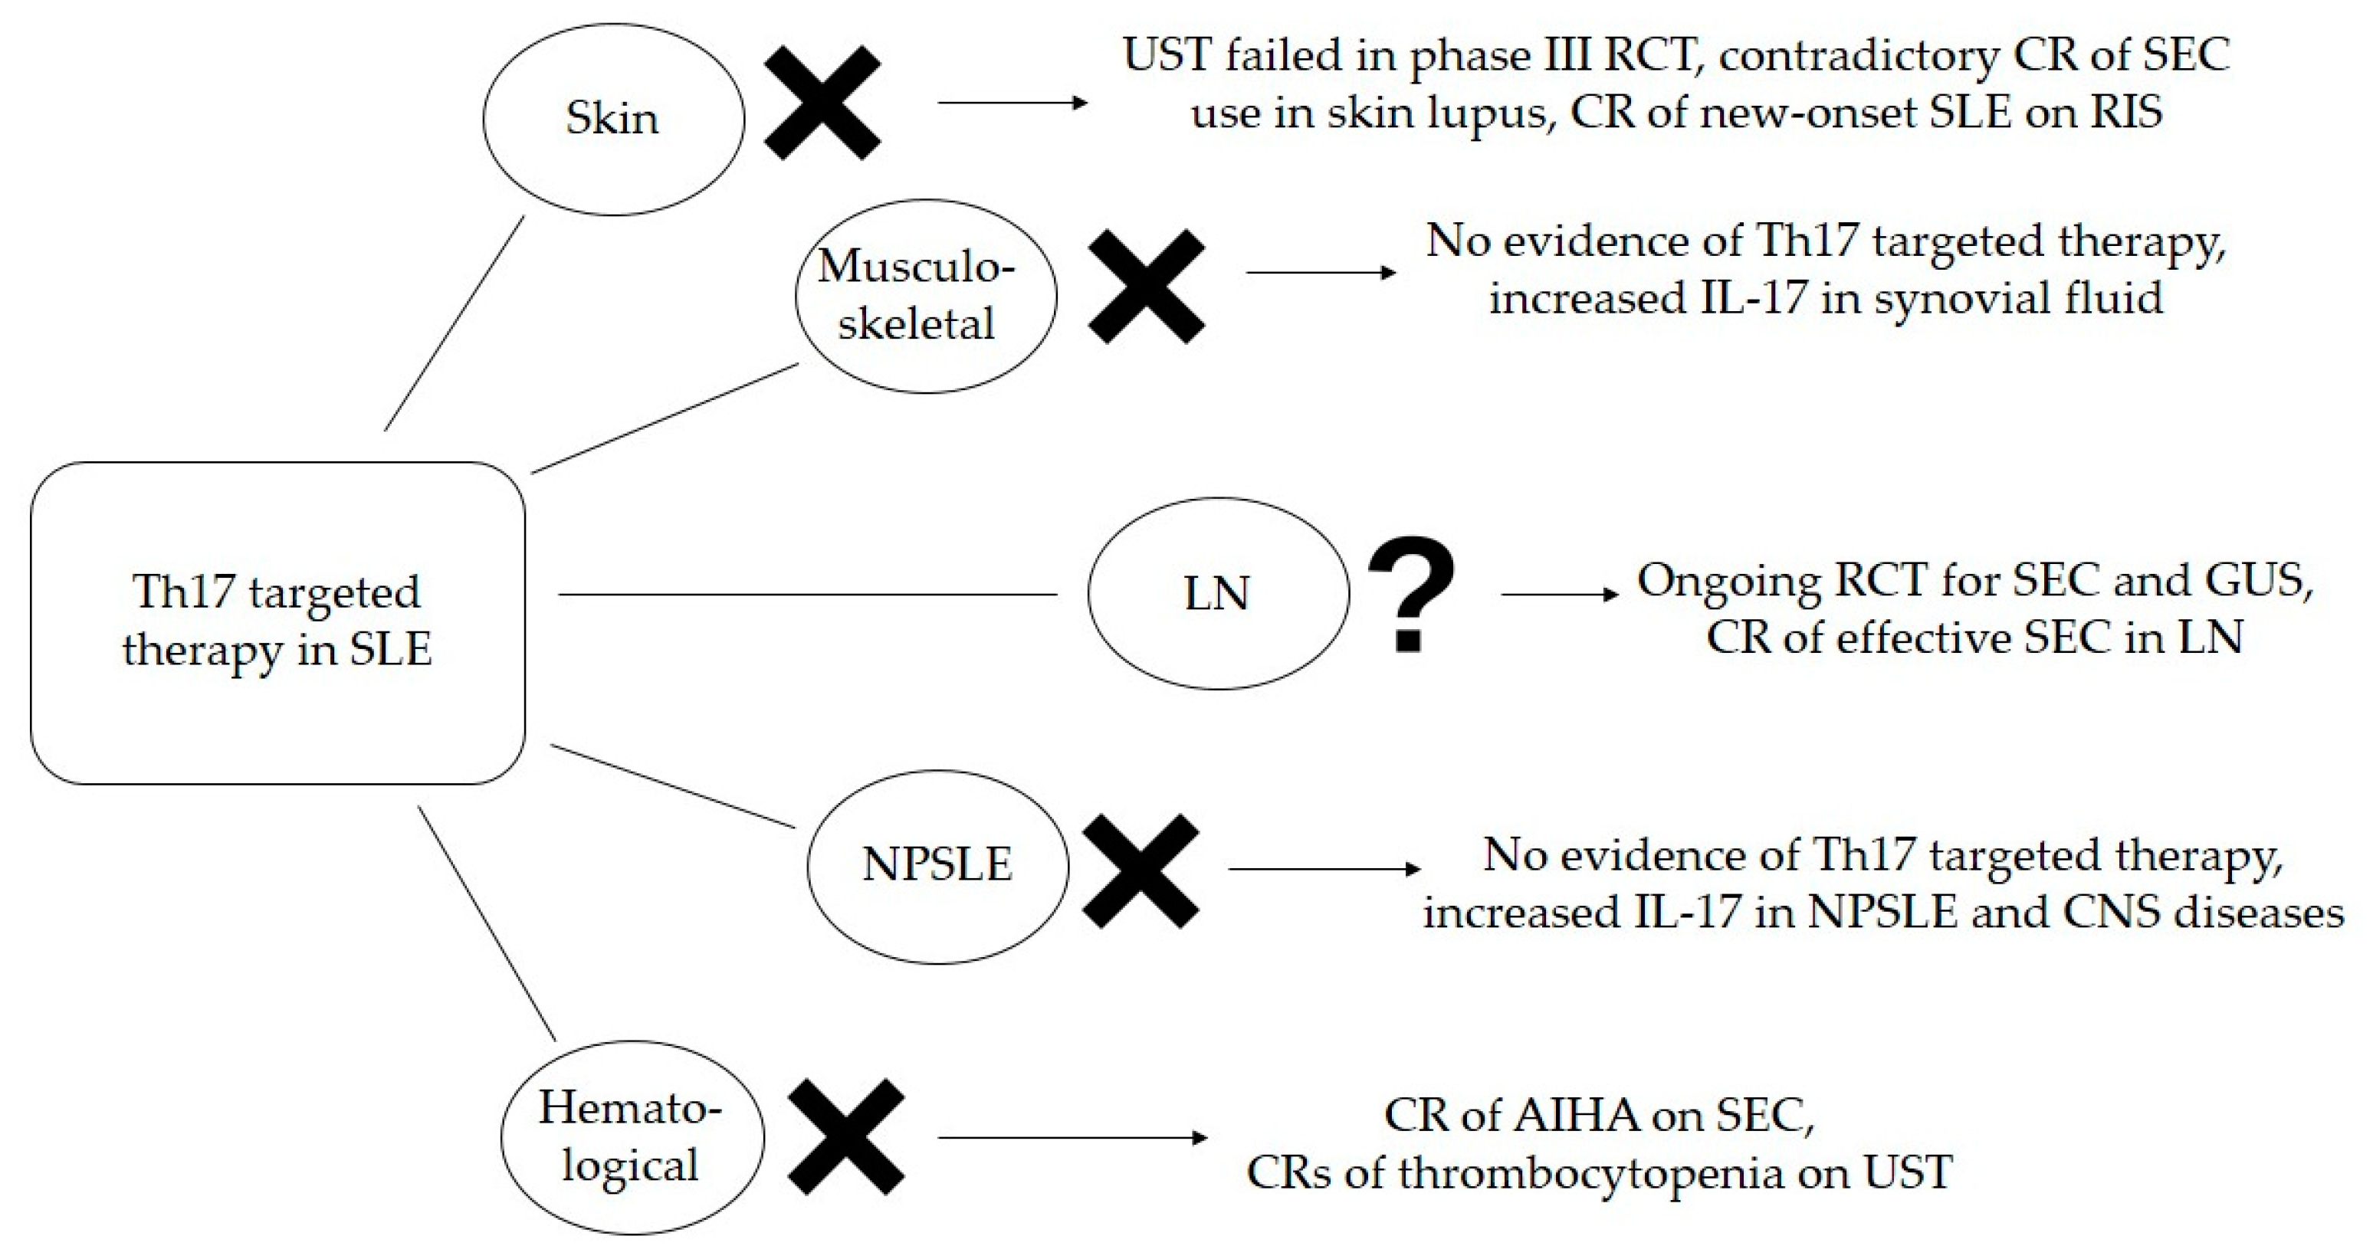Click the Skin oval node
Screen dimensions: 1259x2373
[612, 119]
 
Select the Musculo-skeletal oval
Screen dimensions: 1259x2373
[925, 296]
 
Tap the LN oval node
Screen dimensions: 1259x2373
[1217, 594]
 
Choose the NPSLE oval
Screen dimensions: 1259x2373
[937, 866]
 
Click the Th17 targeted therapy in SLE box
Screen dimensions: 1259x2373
[277, 622]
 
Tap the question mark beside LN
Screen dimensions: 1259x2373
[1410, 594]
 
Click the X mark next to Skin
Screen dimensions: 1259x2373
[822, 103]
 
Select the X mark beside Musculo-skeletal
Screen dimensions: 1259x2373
[1146, 287]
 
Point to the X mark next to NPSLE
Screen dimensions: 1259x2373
[1141, 870]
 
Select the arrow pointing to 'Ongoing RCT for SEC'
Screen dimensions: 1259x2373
[1559, 594]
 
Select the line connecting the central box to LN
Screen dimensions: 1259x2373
[807, 594]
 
